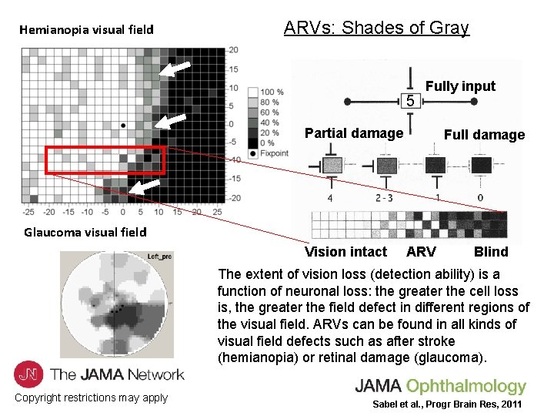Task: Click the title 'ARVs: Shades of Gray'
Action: coord(376,29)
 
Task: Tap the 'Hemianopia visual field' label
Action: coord(86,30)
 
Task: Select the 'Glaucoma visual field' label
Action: coord(85,232)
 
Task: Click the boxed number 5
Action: coord(411,101)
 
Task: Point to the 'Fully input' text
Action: coord(460,86)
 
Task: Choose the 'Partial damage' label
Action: coord(354,133)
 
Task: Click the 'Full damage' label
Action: coord(484,135)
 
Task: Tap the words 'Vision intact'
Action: coord(345,252)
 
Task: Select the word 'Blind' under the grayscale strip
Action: coord(491,252)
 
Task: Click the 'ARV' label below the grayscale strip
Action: coord(421,252)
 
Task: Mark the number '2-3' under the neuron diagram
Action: coord(385,198)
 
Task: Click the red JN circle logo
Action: coord(29,374)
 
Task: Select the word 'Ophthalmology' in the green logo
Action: coord(467,386)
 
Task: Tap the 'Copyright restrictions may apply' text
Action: coord(91,398)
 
